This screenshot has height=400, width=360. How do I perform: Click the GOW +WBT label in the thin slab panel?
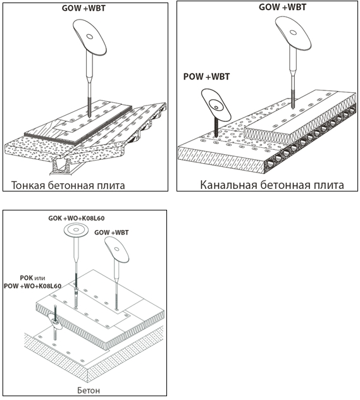[x=84, y=8]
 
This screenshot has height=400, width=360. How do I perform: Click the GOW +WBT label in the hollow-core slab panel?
[x=282, y=7]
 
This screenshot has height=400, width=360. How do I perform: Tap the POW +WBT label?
[x=206, y=76]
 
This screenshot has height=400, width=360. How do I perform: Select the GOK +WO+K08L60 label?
[x=77, y=219]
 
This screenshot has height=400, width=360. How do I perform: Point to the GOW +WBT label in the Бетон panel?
[x=111, y=233]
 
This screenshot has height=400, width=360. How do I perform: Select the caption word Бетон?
[x=89, y=391]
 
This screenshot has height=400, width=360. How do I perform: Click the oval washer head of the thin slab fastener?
[x=89, y=37]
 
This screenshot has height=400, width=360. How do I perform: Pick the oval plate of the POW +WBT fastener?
[x=216, y=104]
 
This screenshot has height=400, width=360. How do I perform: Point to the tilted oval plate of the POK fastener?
[x=54, y=322]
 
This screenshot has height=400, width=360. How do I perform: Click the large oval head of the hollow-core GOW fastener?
[x=293, y=33]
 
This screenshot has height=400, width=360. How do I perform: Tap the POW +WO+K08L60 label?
[x=32, y=286]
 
